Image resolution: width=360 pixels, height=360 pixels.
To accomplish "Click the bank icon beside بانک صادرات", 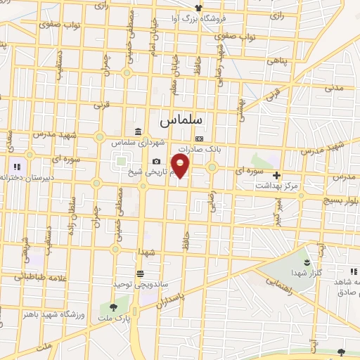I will point(200,139).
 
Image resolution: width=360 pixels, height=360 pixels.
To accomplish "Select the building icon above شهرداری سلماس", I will point(136,131).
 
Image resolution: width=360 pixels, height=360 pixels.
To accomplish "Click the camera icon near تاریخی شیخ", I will point(156,162).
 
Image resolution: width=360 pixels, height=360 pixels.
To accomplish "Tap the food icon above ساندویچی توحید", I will point(141,273).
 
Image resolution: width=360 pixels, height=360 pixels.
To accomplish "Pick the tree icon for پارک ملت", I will point(112,307).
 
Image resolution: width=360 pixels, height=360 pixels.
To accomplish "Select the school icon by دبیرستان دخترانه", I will point(15,167).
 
